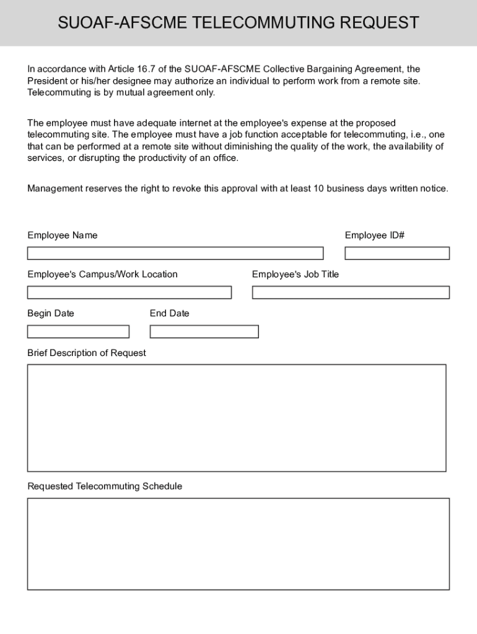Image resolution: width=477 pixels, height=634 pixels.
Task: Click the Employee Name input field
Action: pyautogui.click(x=175, y=253)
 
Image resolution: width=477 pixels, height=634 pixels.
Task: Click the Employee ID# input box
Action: pyautogui.click(x=396, y=253)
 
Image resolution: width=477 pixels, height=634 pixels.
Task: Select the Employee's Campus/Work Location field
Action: pyautogui.click(x=129, y=292)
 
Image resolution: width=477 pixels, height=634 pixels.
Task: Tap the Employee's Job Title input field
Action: pyautogui.click(x=351, y=292)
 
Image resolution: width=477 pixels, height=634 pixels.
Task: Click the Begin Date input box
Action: pyautogui.click(x=78, y=332)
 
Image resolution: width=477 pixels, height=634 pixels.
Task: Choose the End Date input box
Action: pyautogui.click(x=204, y=332)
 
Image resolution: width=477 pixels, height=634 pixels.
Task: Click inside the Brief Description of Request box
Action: pyautogui.click(x=236, y=418)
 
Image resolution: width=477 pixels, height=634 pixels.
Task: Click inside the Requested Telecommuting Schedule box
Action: pyautogui.click(x=238, y=544)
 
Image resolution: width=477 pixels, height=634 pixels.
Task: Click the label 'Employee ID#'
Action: pyautogui.click(x=375, y=235)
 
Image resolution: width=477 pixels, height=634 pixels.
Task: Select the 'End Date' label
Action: pyautogui.click(x=169, y=313)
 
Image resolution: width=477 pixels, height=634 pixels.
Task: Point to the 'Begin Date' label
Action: pyautogui.click(x=50, y=313)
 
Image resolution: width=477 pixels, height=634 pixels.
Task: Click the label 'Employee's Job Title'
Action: pyautogui.click(x=295, y=274)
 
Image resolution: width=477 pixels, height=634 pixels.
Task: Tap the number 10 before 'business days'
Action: pyautogui.click(x=318, y=188)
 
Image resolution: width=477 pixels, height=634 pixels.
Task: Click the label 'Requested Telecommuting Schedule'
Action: pyautogui.click(x=105, y=486)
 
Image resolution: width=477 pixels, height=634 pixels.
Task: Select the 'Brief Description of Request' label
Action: pyautogui.click(x=87, y=353)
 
